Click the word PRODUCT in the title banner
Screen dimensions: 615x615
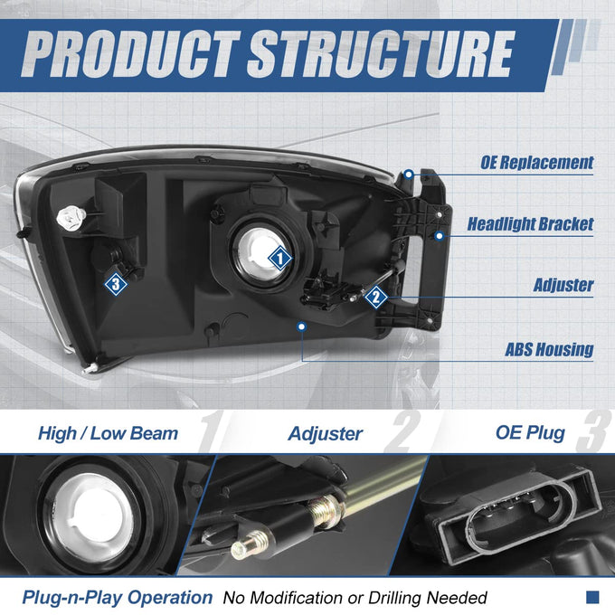pyautogui.click(x=130, y=54)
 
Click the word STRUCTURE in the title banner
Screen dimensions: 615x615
pyautogui.click(x=381, y=54)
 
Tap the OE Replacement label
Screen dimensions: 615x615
pyautogui.click(x=537, y=163)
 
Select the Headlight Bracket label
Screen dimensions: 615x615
pyautogui.click(x=530, y=224)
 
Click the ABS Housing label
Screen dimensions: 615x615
pyautogui.click(x=549, y=349)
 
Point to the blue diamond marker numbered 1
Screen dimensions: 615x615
pyautogui.click(x=280, y=259)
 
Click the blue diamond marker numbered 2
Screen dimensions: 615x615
pyautogui.click(x=376, y=297)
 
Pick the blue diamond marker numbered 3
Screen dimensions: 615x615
pyautogui.click(x=116, y=284)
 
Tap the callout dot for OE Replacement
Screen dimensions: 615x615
pyautogui.click(x=409, y=174)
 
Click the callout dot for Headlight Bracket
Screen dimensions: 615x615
pyautogui.click(x=440, y=236)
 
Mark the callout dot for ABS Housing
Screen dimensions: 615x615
pyautogui.click(x=301, y=326)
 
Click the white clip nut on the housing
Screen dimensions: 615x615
pyautogui.click(x=71, y=217)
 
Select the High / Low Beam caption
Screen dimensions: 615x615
pyautogui.click(x=108, y=433)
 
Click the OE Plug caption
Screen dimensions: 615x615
pyautogui.click(x=530, y=433)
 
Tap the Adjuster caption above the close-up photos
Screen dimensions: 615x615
pyautogui.click(x=326, y=434)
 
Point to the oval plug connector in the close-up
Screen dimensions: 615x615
pyautogui.click(x=522, y=517)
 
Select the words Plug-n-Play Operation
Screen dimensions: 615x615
pyautogui.click(x=118, y=598)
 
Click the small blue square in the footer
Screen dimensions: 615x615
pyautogui.click(x=592, y=597)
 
